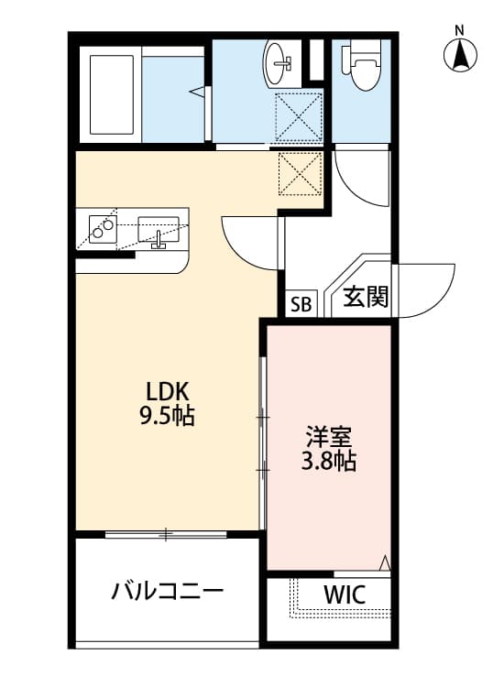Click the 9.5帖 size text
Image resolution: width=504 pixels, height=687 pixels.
click(x=167, y=416)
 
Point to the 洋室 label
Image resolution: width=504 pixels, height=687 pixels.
click(x=329, y=436)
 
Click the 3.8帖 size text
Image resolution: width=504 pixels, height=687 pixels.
click(x=329, y=462)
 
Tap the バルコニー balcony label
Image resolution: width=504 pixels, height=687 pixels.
click(x=168, y=591)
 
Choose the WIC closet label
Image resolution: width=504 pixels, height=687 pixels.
click(x=344, y=594)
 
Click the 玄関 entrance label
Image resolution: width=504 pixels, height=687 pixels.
click(x=366, y=298)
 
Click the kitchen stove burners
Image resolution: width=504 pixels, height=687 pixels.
click(x=104, y=226)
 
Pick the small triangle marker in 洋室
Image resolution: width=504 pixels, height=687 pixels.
click(x=385, y=562)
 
